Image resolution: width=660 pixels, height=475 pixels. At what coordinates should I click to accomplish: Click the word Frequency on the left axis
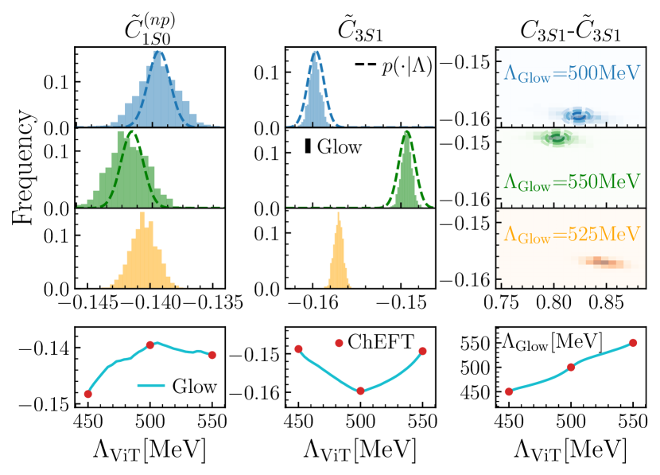coord(23,166)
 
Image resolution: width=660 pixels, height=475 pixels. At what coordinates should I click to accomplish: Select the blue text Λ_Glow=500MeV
coord(572,73)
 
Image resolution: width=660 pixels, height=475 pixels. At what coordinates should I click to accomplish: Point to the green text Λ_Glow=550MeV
coord(572,180)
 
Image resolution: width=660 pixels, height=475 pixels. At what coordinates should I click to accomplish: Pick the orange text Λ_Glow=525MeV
coord(572,234)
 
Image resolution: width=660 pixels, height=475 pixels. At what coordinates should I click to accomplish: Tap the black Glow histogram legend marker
coord(308,146)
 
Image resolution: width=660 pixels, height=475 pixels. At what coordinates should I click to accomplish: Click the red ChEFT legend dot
coord(340,343)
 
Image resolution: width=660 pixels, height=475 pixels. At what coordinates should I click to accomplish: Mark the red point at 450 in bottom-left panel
coord(87,394)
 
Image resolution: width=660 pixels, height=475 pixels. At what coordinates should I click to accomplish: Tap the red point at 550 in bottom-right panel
coord(633,343)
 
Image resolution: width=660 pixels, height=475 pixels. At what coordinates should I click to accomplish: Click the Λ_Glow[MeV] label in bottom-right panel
coord(552,342)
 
